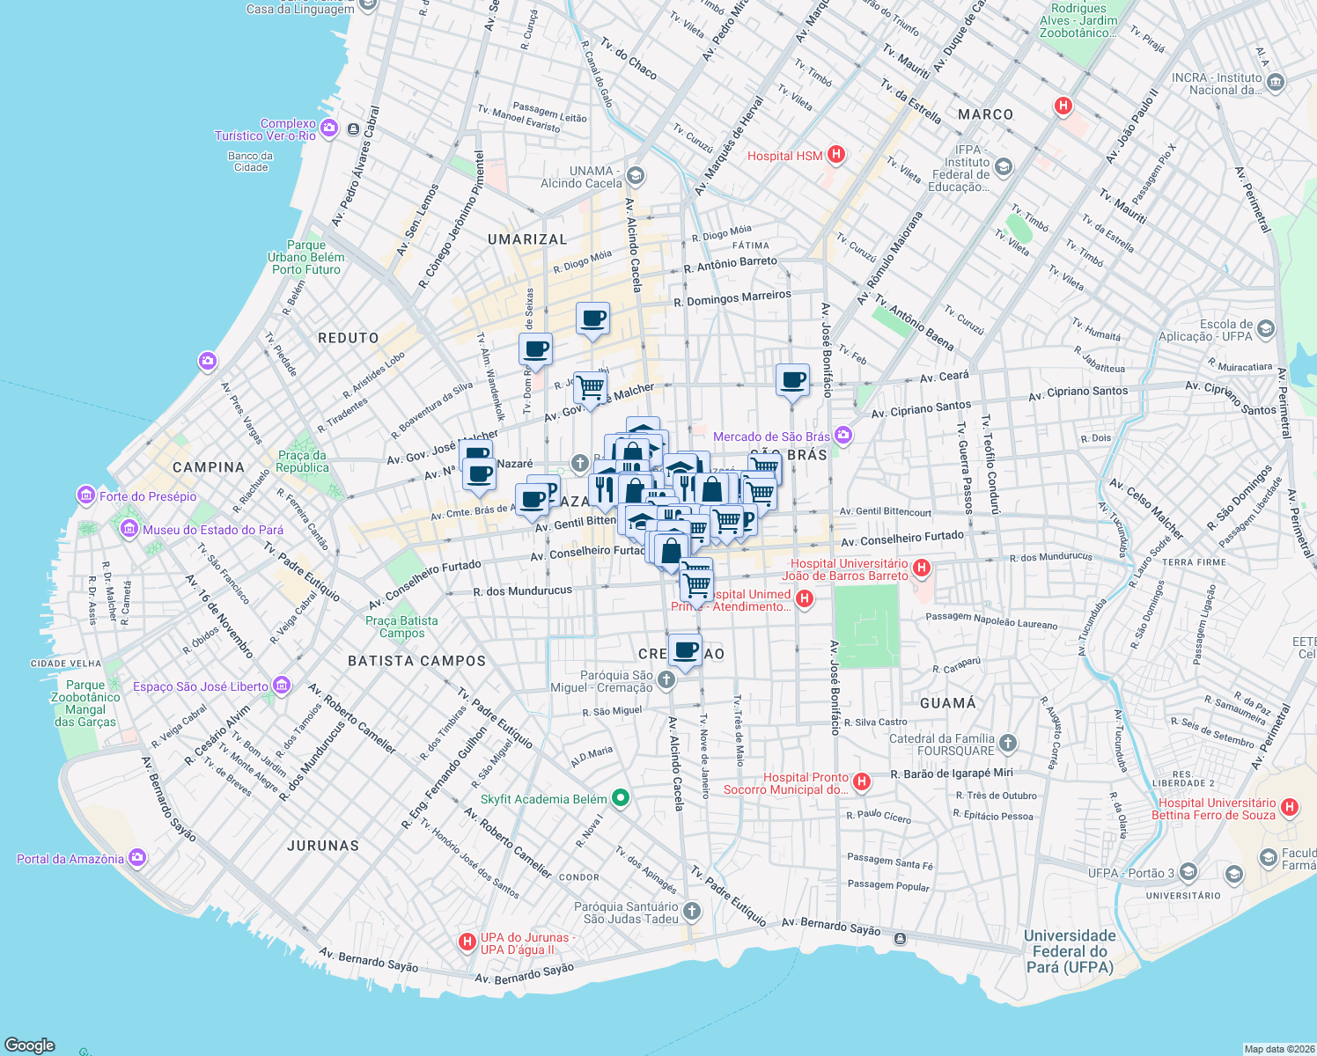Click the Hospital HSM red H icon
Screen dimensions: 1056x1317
point(836,155)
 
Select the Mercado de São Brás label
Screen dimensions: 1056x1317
point(771,436)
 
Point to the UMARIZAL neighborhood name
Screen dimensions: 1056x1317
point(527,239)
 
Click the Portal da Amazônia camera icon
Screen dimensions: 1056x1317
point(137,857)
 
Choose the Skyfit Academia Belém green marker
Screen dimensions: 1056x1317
point(621,798)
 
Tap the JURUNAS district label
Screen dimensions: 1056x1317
point(323,846)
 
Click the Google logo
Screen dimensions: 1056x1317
point(30,1045)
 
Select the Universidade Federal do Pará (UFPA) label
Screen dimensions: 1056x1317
point(1070,951)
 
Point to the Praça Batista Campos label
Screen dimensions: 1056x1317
point(401,627)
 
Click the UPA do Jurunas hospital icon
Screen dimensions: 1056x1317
point(467,942)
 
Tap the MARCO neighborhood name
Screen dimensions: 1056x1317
point(985,114)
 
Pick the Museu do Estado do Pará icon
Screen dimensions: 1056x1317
point(129,529)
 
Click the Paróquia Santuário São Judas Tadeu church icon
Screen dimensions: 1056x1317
point(692,912)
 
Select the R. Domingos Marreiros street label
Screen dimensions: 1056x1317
point(732,299)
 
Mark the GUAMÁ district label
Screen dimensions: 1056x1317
point(947,703)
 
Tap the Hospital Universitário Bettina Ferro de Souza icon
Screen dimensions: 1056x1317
point(1290,807)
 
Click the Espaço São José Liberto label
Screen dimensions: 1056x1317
point(201,686)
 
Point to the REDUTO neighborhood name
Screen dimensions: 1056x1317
point(349,338)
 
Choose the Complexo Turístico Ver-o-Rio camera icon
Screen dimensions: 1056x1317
point(329,128)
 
